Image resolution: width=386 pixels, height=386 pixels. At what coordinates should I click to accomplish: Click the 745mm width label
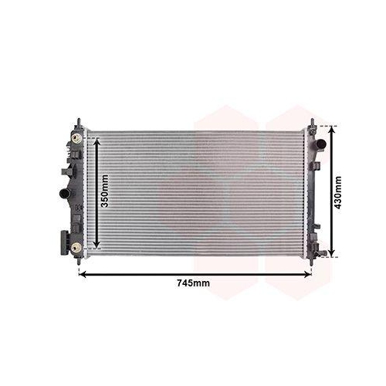(193, 283)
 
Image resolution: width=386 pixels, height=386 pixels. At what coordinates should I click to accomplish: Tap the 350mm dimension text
(104, 191)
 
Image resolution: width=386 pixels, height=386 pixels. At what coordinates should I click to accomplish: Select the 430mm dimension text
(338, 193)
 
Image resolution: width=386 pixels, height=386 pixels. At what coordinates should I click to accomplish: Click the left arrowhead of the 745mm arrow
(83, 275)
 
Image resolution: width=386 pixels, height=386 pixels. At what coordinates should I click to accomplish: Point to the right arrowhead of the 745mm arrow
(308, 275)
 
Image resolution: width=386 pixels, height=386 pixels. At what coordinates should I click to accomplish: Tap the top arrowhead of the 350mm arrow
(96, 141)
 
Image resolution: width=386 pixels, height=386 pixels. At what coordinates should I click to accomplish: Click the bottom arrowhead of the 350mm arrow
(96, 245)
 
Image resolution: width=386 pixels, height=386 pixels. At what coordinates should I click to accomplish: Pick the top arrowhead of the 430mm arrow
(333, 130)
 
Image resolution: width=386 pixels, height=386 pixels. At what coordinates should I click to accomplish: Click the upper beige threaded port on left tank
(76, 138)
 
